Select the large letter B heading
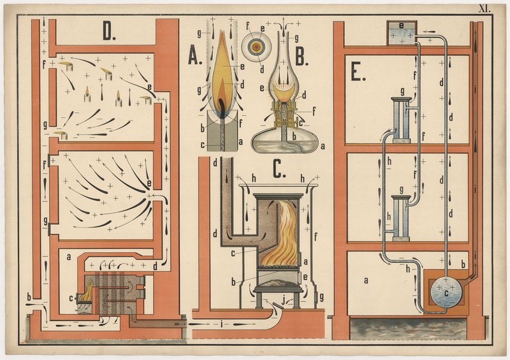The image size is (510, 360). click(x=302, y=58)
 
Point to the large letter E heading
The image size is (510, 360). click(x=358, y=73)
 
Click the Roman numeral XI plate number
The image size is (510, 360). click(x=484, y=9)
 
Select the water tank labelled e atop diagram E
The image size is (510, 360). click(x=402, y=33)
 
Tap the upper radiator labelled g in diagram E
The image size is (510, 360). click(x=402, y=120)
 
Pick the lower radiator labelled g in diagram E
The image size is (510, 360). click(x=401, y=218)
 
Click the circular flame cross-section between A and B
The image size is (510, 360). click(x=256, y=48)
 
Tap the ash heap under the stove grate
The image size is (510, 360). click(x=277, y=282)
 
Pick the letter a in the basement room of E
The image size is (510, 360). click(x=366, y=280)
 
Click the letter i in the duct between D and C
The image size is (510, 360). click(x=221, y=324)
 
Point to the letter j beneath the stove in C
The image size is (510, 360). click(x=282, y=301)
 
